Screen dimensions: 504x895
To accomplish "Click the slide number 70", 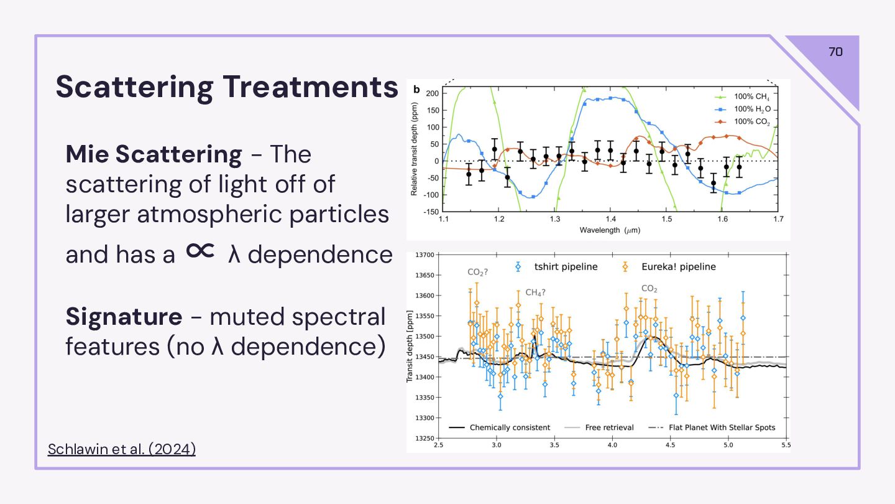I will tap(835, 52).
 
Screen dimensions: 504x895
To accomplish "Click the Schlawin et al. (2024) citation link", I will tap(121, 449).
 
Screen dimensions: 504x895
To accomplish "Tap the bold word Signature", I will tap(124, 317).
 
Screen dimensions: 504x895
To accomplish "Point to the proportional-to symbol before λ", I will tap(200, 250).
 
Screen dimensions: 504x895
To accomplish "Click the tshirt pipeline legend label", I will tap(566, 267).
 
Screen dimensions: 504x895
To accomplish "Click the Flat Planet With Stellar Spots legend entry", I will tap(722, 427).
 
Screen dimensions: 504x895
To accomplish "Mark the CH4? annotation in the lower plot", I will tap(535, 292).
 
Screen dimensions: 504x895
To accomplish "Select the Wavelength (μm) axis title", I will tap(610, 230).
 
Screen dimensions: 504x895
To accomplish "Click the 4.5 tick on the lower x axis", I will tap(671, 446).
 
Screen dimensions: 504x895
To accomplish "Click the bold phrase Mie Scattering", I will tap(154, 154).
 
